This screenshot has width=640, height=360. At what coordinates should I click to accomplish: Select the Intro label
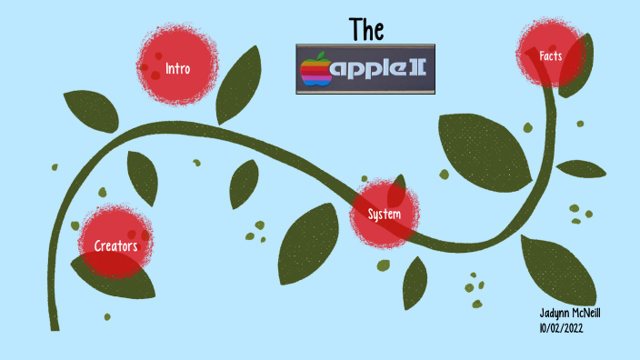pyautogui.click(x=178, y=67)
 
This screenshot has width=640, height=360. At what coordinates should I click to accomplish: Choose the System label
pyautogui.click(x=385, y=215)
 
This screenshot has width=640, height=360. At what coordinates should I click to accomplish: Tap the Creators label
pyautogui.click(x=115, y=245)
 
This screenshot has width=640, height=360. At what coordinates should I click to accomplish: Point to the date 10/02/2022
pyautogui.click(x=561, y=327)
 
